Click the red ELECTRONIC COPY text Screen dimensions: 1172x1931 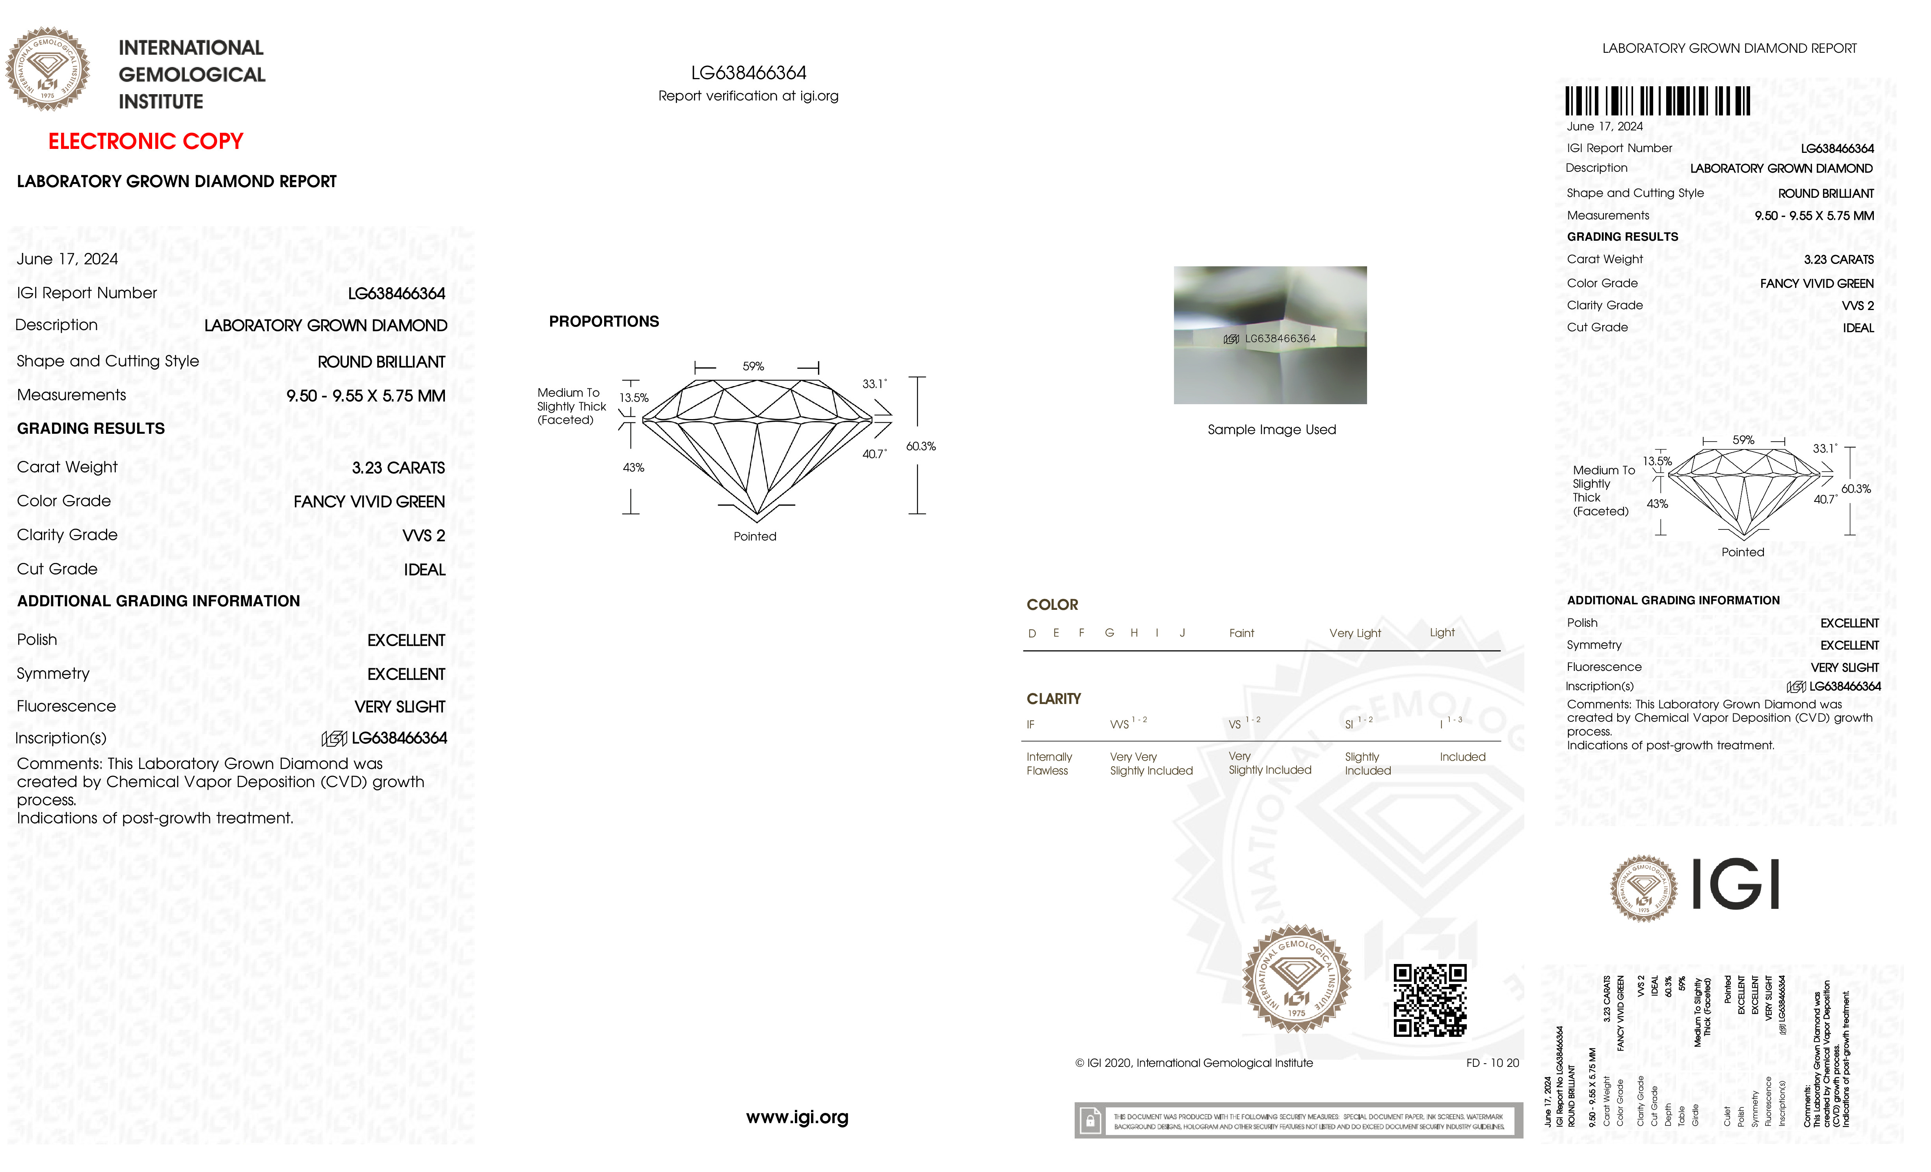(146, 142)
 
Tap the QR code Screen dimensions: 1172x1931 (1429, 1000)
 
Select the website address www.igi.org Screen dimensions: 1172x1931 (797, 1117)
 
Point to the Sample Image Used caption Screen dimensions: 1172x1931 (1271, 429)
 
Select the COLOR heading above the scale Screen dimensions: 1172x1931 (1052, 605)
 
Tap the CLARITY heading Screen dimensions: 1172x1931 (1053, 699)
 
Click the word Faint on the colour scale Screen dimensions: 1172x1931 (1241, 633)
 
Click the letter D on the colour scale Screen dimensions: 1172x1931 (1032, 633)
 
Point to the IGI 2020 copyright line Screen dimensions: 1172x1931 (1194, 1063)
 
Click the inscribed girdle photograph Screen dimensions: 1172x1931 (1270, 335)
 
